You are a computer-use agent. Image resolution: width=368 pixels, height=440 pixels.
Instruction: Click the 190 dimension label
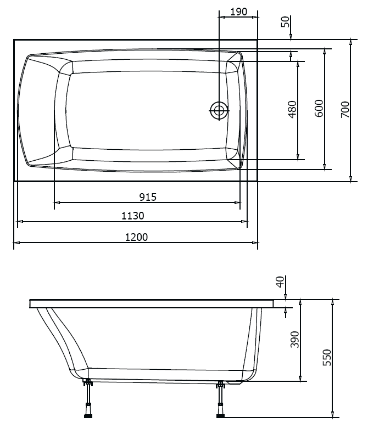pyautogui.click(x=238, y=11)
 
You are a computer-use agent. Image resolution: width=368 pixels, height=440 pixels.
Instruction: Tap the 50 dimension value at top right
pyautogui.click(x=285, y=22)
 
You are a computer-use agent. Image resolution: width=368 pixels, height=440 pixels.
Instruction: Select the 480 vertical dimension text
pyautogui.click(x=292, y=110)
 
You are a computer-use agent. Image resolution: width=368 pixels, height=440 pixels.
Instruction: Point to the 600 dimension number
pyautogui.click(x=319, y=109)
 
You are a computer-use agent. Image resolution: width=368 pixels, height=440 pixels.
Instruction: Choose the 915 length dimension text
pyautogui.click(x=147, y=197)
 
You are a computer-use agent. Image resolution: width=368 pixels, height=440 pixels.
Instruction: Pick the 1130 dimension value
pyautogui.click(x=132, y=216)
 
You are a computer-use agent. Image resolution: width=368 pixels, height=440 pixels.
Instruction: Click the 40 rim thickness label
pyautogui.click(x=280, y=283)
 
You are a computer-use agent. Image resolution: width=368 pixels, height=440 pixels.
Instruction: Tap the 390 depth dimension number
pyautogui.click(x=294, y=340)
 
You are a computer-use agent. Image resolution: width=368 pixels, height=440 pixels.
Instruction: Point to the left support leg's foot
pyautogui.click(x=87, y=415)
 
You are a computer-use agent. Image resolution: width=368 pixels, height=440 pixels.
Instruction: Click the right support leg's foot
pyautogui.click(x=221, y=415)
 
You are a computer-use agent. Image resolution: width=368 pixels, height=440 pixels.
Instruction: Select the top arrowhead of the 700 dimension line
pyautogui.click(x=350, y=42)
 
